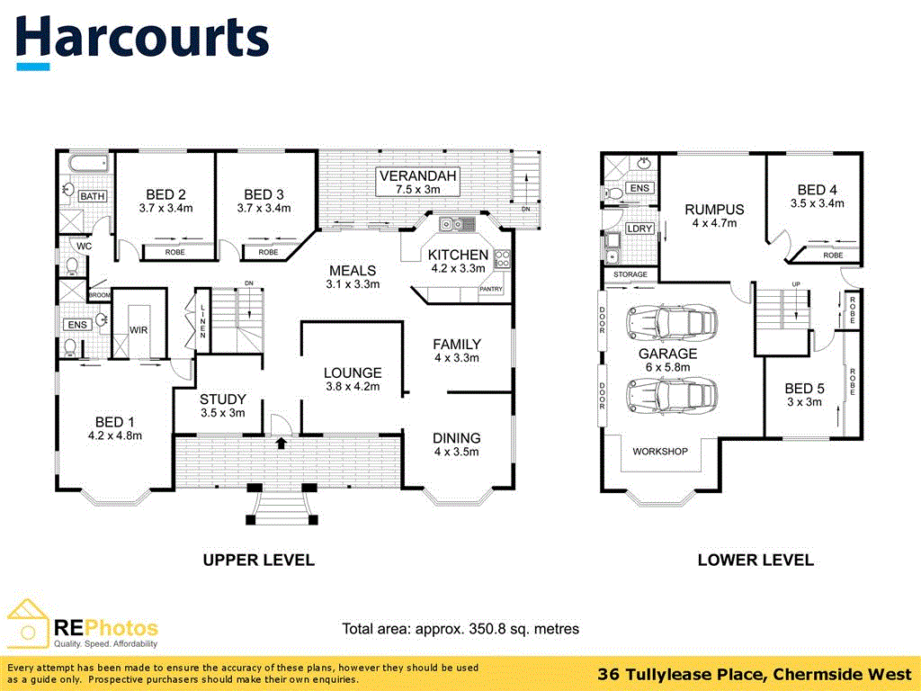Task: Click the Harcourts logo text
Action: point(142,38)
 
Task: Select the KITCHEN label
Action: point(458,255)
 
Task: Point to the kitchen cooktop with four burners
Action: point(501,258)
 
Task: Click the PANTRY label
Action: point(491,290)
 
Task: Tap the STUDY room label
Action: point(223,399)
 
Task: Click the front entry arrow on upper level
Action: point(281,443)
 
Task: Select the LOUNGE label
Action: point(353,372)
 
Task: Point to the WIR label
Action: point(139,330)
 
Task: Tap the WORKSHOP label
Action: point(660,451)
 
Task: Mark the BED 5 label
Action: point(804,389)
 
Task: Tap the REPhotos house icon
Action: point(27,622)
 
